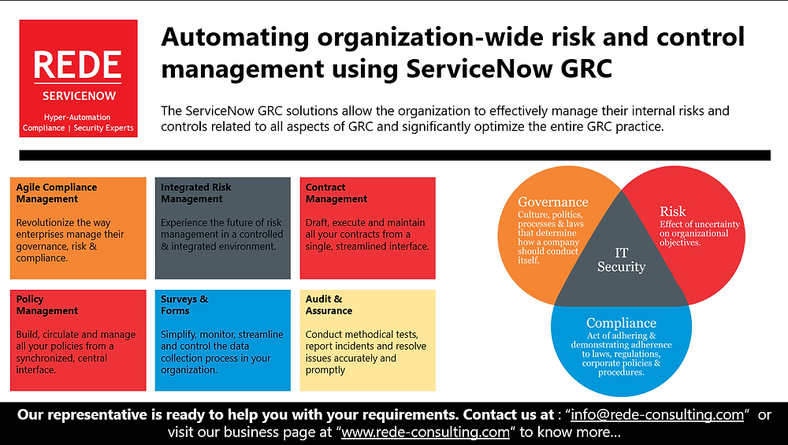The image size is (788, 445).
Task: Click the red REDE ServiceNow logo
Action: (x=79, y=78)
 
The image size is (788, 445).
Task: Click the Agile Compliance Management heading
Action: (x=57, y=193)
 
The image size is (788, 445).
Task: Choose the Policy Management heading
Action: (x=47, y=305)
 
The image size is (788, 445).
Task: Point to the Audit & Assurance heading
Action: (x=329, y=305)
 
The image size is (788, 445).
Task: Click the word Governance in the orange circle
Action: (x=553, y=202)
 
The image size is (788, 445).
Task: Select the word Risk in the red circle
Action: (x=672, y=211)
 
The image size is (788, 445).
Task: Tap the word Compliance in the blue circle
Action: (x=621, y=323)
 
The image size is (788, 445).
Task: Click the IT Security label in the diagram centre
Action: (x=621, y=260)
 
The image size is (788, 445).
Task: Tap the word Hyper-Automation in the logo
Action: (x=76, y=117)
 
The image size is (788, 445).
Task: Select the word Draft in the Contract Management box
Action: (x=318, y=223)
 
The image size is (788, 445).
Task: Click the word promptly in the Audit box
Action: (x=326, y=370)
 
